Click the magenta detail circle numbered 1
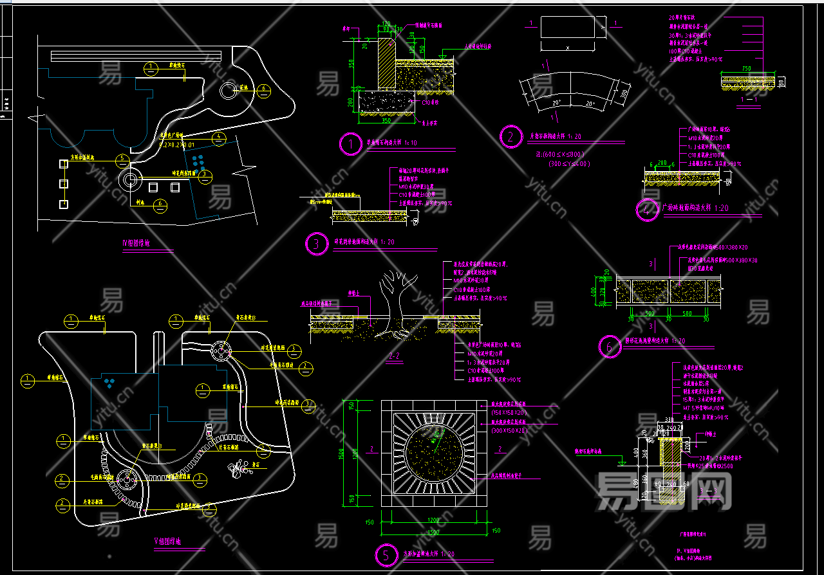click(x=351, y=144)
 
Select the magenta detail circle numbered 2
click(x=511, y=136)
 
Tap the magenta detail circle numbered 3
click(x=316, y=244)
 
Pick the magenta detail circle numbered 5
click(x=386, y=555)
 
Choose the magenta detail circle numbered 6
click(x=609, y=347)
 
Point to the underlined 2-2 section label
click(x=395, y=354)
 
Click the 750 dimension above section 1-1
click(x=746, y=69)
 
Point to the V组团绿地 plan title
click(x=167, y=542)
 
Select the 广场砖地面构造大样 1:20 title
click(x=695, y=208)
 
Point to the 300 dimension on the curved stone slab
click(x=624, y=94)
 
